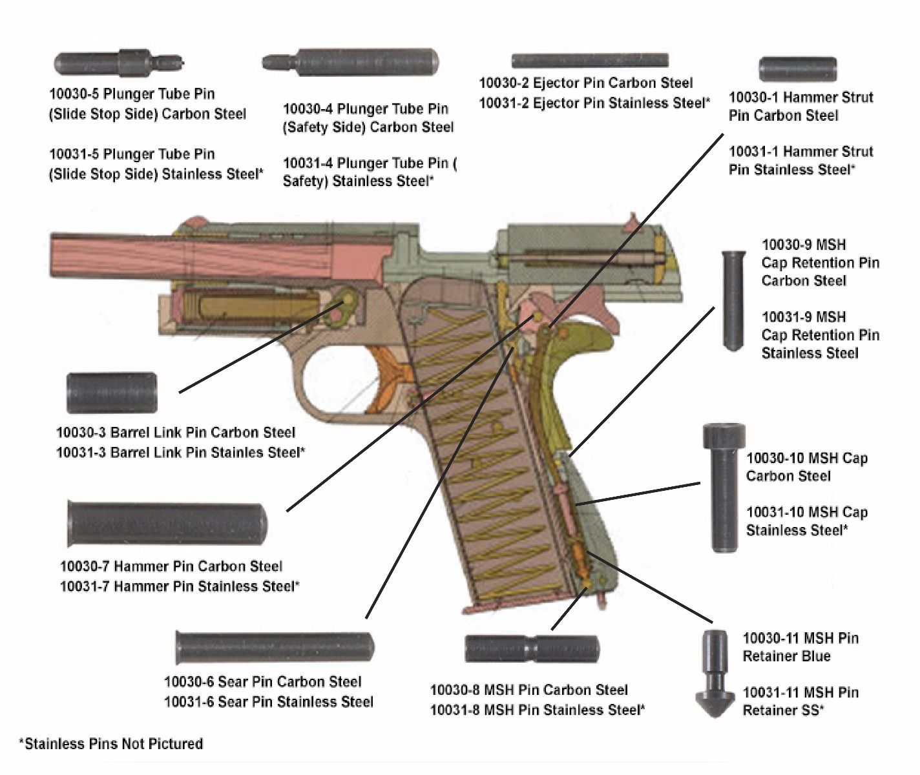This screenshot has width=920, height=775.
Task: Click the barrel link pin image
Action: (112, 393)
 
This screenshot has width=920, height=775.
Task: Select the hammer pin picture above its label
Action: (167, 524)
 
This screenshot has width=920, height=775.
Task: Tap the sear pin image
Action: (275, 647)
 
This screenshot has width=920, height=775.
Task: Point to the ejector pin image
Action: (589, 61)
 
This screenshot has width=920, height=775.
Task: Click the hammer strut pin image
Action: (797, 69)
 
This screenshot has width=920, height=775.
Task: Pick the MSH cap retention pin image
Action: (732, 300)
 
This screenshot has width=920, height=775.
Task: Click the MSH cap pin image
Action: (724, 488)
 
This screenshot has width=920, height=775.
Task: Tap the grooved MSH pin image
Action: (532, 648)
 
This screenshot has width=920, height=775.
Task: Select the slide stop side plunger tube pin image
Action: (118, 64)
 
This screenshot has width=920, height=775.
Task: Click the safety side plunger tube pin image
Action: (351, 62)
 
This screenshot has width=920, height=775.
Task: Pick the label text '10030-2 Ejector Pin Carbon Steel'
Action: (585, 83)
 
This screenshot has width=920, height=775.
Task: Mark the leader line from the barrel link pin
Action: (258, 349)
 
